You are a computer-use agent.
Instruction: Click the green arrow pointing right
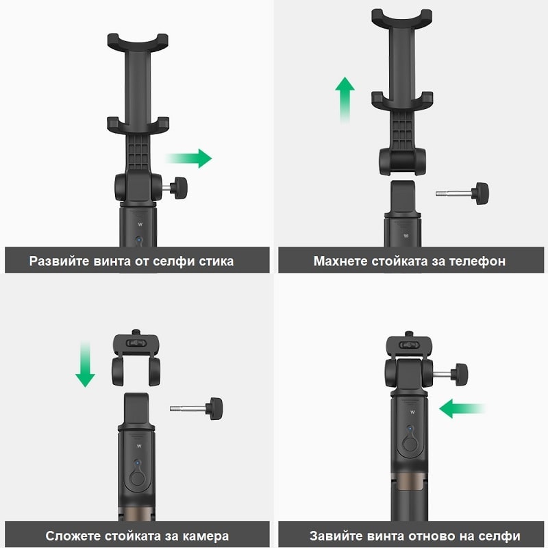[189, 158]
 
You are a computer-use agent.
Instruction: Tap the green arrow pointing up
[345, 100]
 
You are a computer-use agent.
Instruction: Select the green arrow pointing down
[85, 364]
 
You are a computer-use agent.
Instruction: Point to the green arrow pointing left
[462, 408]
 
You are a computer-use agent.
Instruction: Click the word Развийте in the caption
[60, 261]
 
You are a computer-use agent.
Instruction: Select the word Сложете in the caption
[73, 536]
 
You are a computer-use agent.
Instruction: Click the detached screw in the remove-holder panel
[462, 193]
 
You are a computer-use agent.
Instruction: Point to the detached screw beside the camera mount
[197, 408]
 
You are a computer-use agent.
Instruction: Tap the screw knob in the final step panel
[459, 374]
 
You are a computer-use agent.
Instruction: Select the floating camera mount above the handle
[136, 358]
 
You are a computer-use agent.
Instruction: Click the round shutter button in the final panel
[410, 444]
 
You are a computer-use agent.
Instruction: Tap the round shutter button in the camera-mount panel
[138, 478]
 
